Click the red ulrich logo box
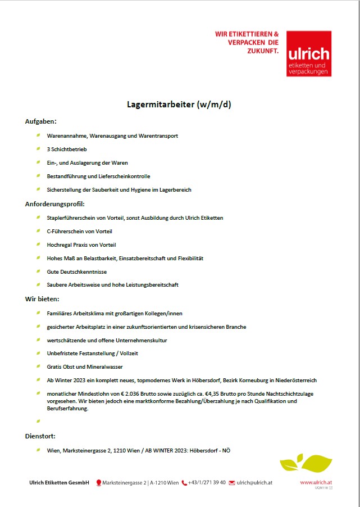[x=308, y=53]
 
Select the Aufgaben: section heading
[x=41, y=121]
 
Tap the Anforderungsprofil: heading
[x=54, y=204]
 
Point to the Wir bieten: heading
[x=42, y=299]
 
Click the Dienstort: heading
[x=40, y=436]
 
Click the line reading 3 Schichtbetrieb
[x=66, y=150]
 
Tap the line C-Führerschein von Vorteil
[x=79, y=231]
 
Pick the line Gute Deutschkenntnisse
[x=76, y=271]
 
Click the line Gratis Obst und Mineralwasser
[x=84, y=367]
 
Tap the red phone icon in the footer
[x=184, y=483]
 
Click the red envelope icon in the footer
[x=231, y=483]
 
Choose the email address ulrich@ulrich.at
[x=254, y=483]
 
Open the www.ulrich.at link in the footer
[x=316, y=482]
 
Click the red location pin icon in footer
[x=99, y=483]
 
